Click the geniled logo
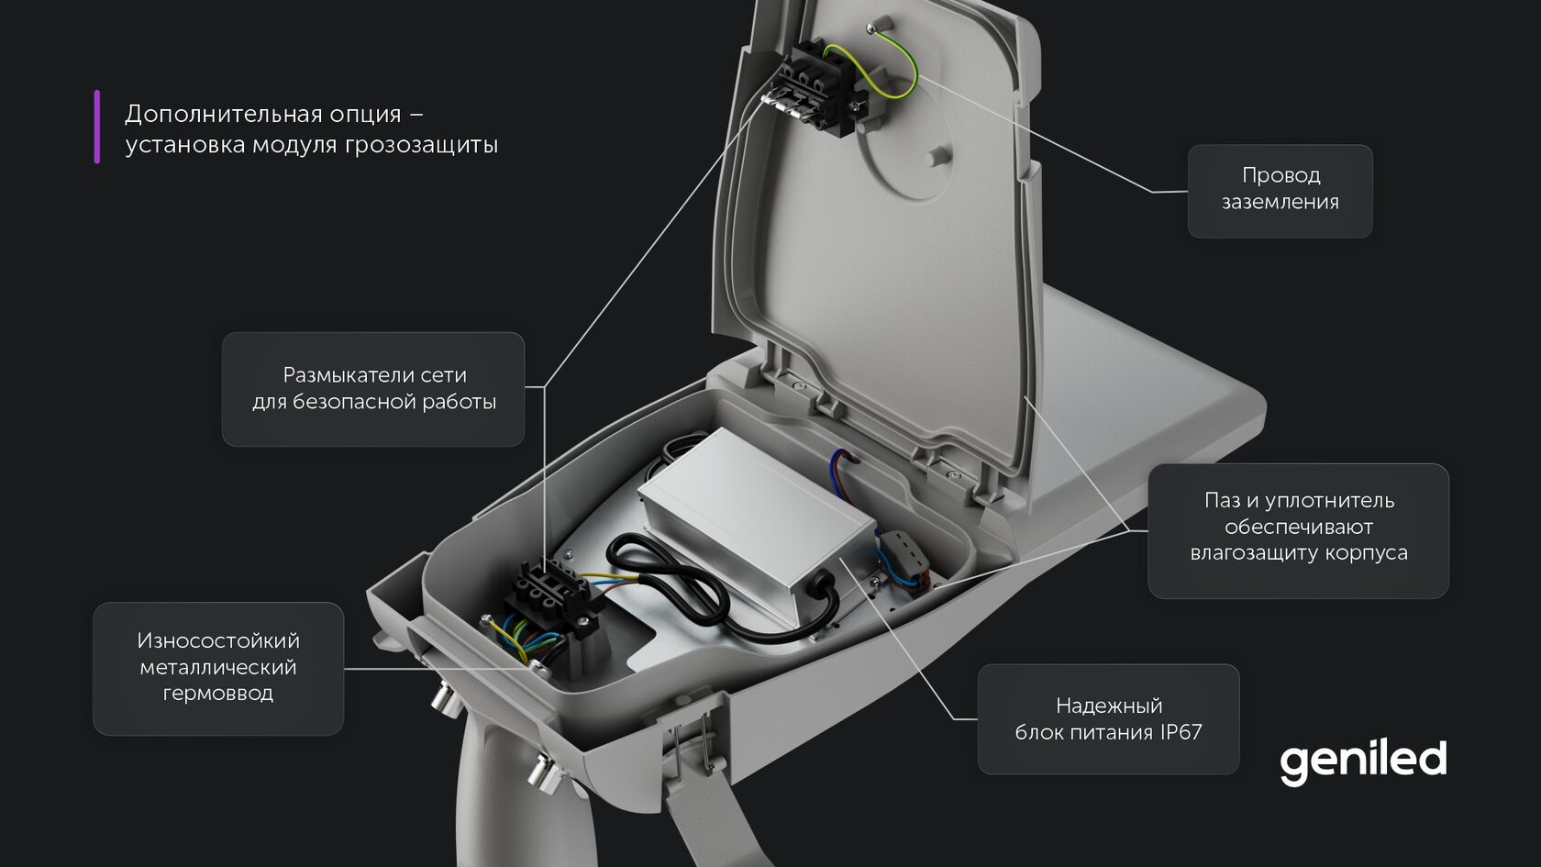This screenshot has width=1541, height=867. pos(1362,761)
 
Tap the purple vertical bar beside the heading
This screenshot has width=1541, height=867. pos(96,127)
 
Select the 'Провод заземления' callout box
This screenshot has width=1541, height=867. pos(1280,191)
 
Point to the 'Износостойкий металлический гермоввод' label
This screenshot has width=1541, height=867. pos(218,667)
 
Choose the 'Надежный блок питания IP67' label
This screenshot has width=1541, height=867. pos(1108,719)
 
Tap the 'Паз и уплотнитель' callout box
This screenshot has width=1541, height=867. pos(1298,529)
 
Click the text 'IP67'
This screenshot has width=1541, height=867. pos(1180,732)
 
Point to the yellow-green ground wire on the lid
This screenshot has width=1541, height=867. pos(904,64)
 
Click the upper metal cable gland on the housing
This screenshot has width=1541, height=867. pos(445,703)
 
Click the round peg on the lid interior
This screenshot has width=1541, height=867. pos(937,153)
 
